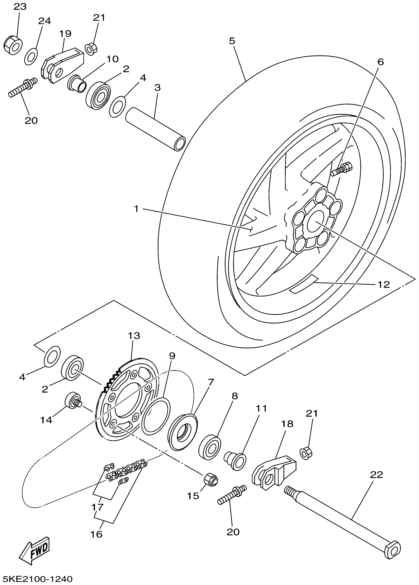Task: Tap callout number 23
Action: [x=20, y=7]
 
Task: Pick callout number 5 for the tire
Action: [x=232, y=41]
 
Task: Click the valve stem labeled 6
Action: [x=341, y=169]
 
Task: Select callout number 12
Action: [x=384, y=284]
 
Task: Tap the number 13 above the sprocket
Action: [x=134, y=336]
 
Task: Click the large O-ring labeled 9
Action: [x=156, y=416]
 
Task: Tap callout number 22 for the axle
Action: [x=376, y=475]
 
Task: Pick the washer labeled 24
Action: [x=31, y=56]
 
